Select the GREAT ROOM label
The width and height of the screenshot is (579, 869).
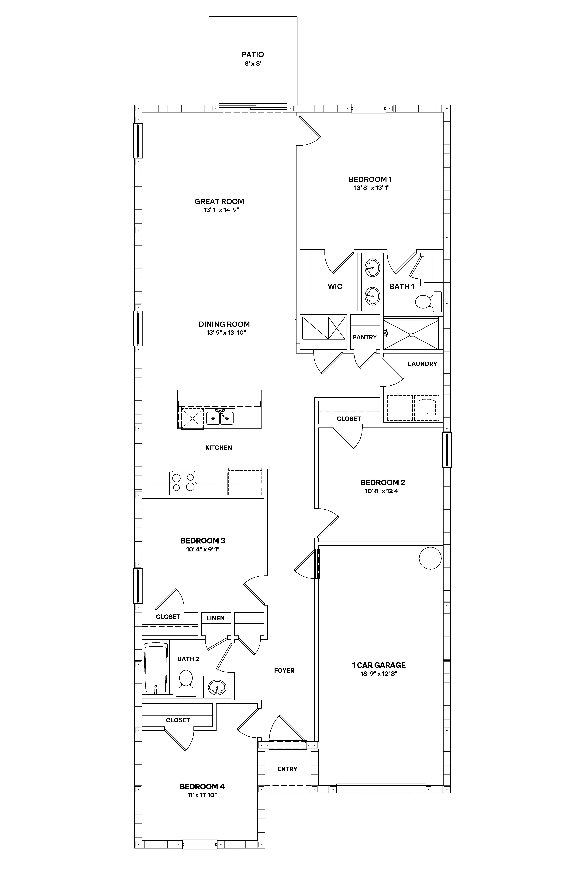[219, 201]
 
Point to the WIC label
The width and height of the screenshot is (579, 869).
[335, 286]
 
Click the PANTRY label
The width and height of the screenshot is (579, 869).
[364, 337]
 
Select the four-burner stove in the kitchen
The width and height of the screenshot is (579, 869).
[183, 483]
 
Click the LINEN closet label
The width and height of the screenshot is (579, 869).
[216, 618]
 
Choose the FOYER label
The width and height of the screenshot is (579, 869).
[284, 671]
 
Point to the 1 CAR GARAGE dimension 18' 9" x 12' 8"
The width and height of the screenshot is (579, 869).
[379, 674]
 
